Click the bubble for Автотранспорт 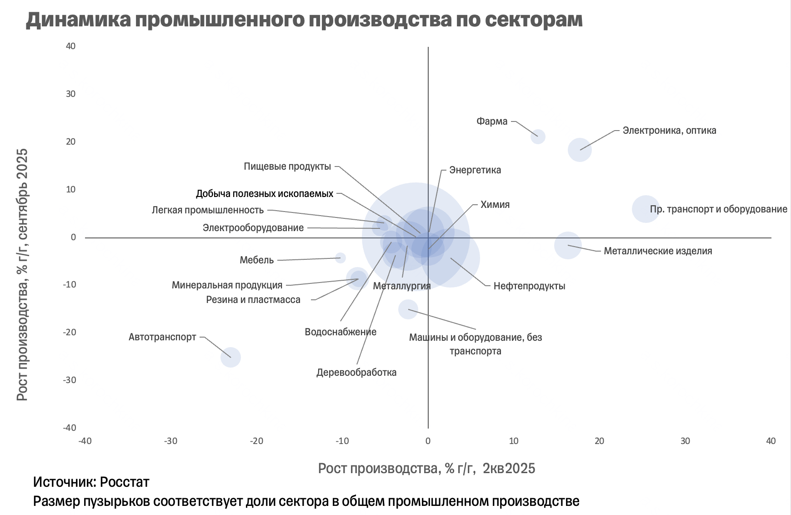[x=230, y=357]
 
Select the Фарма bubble [x=538, y=136]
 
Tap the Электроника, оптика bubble [x=580, y=150]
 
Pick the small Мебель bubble [x=340, y=258]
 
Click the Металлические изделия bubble [x=568, y=245]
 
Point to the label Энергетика [x=475, y=170]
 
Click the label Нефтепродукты [x=529, y=286]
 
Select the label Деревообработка [x=356, y=373]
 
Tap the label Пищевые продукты [x=287, y=167]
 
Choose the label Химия [x=495, y=205]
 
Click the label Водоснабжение [x=340, y=332]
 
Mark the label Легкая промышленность [x=208, y=210]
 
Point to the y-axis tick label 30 [x=70, y=94]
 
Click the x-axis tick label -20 [x=256, y=441]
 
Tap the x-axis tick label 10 [x=514, y=441]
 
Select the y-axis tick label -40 [x=70, y=428]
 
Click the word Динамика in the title [x=78, y=20]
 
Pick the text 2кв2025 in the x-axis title [x=509, y=468]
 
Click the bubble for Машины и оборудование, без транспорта [x=408, y=309]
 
